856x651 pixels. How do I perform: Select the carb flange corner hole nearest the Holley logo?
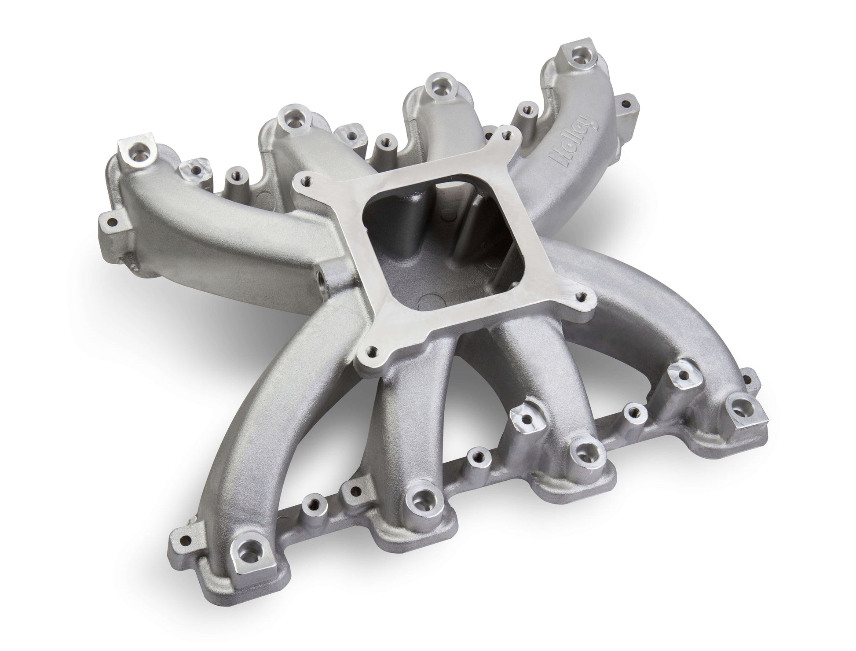pyautogui.click(x=505, y=131)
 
